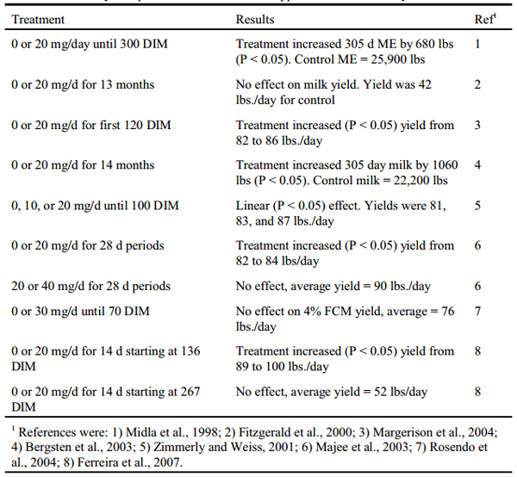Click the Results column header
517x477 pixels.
[x=255, y=18]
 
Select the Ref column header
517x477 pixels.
[x=487, y=18]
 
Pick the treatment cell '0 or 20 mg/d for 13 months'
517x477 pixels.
[x=83, y=84]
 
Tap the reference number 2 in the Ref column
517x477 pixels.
[x=488, y=84]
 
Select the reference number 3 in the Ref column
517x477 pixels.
[x=488, y=125]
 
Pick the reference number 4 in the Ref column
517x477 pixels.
[x=488, y=164]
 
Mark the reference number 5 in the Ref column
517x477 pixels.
[x=488, y=205]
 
